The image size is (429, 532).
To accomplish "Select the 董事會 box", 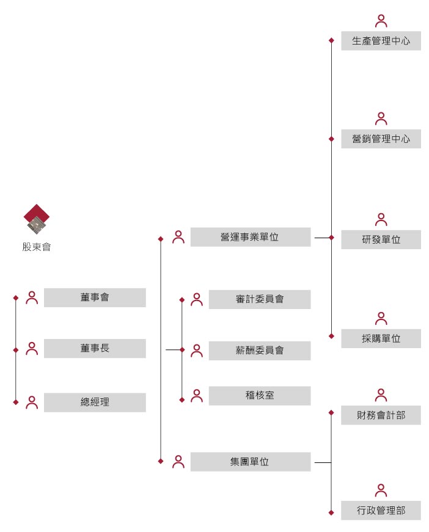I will coord(95,297).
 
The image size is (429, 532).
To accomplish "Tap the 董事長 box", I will coord(95,348).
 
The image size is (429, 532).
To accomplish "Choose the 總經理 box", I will coord(95,402).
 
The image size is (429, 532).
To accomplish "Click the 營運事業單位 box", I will coord(250,237).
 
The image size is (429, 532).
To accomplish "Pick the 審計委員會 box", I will coord(259,299).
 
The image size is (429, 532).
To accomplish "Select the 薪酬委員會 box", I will coord(259,351).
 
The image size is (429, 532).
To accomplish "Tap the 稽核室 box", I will coord(259,395).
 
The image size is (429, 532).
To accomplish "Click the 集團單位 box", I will coord(250,462).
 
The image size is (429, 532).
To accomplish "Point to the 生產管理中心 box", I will coord(381,41).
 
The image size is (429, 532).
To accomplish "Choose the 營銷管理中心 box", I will coord(381,139).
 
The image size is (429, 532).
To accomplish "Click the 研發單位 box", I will coord(381,239).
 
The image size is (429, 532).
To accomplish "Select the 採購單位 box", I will coord(381,338).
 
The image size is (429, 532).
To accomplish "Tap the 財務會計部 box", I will coord(381,415).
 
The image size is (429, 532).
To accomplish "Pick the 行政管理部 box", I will coord(381,510).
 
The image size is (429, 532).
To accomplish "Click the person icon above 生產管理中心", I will coord(381,21).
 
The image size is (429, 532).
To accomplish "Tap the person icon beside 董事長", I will coord(32,349).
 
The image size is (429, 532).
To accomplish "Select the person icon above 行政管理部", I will coord(381,490).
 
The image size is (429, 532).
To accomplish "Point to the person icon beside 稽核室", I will coord(197,396).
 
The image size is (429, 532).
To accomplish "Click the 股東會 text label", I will coord(37,247).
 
